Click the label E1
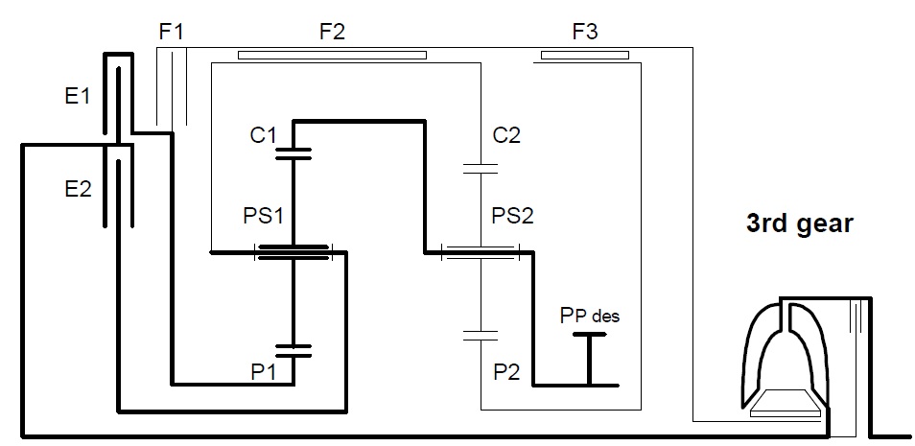(78, 96)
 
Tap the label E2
(79, 189)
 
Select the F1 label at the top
(171, 32)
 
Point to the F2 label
(332, 32)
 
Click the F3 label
(585, 32)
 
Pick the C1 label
(263, 135)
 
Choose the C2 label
(506, 135)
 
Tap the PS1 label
(263, 216)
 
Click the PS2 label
(513, 216)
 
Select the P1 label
(263, 373)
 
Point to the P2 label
(506, 373)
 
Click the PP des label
(590, 317)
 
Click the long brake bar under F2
(332, 56)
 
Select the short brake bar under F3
(585, 56)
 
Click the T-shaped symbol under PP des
(589, 359)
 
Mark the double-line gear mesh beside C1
(293, 153)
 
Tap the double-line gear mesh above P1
(293, 350)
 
